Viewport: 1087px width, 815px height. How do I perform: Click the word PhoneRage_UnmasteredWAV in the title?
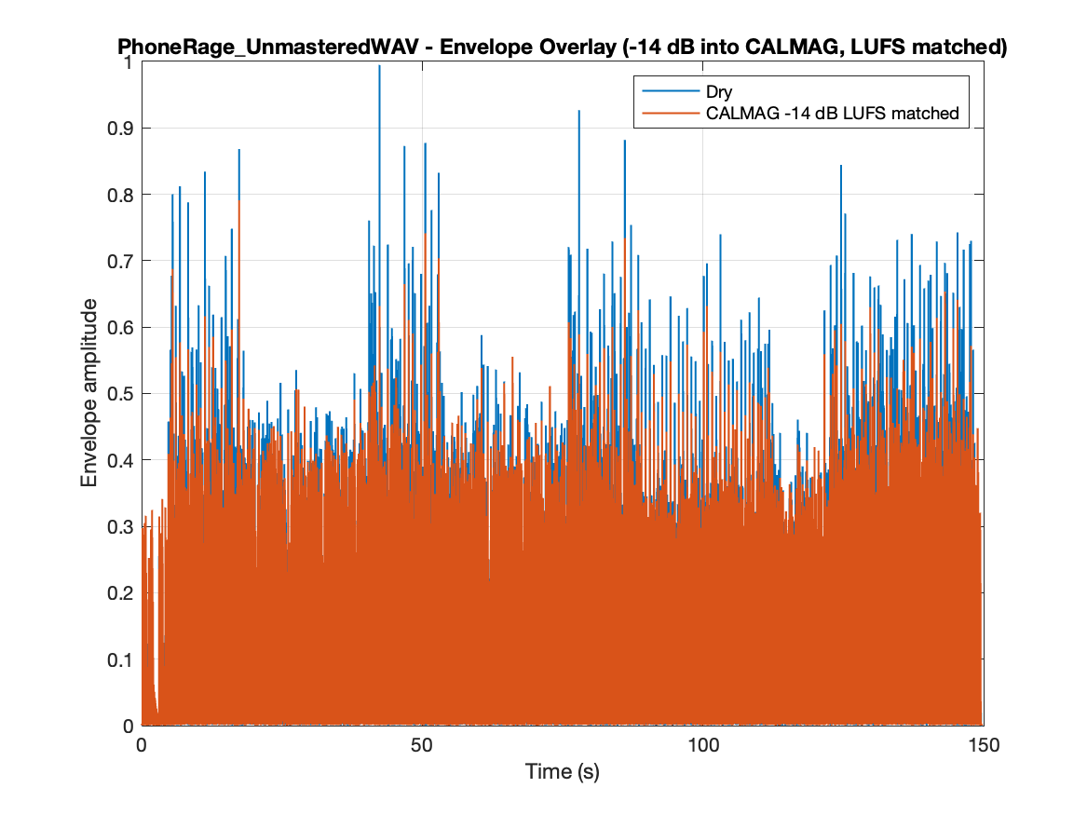(x=267, y=48)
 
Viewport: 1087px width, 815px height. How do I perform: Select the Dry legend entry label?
(x=719, y=91)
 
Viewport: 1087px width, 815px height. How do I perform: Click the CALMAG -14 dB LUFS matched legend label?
(x=832, y=113)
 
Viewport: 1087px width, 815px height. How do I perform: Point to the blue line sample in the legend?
(x=671, y=90)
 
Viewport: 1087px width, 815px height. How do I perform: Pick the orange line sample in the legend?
(x=671, y=113)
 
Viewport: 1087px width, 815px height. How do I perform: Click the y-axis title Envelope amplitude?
(x=88, y=393)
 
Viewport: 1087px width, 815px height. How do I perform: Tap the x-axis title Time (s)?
(x=563, y=771)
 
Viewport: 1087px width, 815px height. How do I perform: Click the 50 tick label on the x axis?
(x=422, y=746)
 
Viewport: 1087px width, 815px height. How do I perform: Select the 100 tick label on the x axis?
(x=703, y=746)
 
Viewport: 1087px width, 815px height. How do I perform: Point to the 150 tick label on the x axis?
(x=983, y=746)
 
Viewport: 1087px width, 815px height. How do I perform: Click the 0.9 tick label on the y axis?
(x=120, y=129)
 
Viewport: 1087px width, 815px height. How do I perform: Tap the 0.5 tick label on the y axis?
(x=120, y=394)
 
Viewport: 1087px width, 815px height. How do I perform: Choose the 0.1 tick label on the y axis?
(x=120, y=659)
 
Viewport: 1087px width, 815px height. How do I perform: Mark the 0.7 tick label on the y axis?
(x=120, y=262)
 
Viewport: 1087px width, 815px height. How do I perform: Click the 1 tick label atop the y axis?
(x=128, y=62)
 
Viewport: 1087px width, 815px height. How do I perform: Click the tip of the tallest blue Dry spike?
(x=379, y=65)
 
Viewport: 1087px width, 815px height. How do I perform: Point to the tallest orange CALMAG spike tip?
(x=239, y=201)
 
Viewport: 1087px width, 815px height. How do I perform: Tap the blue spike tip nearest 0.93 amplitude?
(x=578, y=110)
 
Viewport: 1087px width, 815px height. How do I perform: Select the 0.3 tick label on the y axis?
(x=120, y=526)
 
